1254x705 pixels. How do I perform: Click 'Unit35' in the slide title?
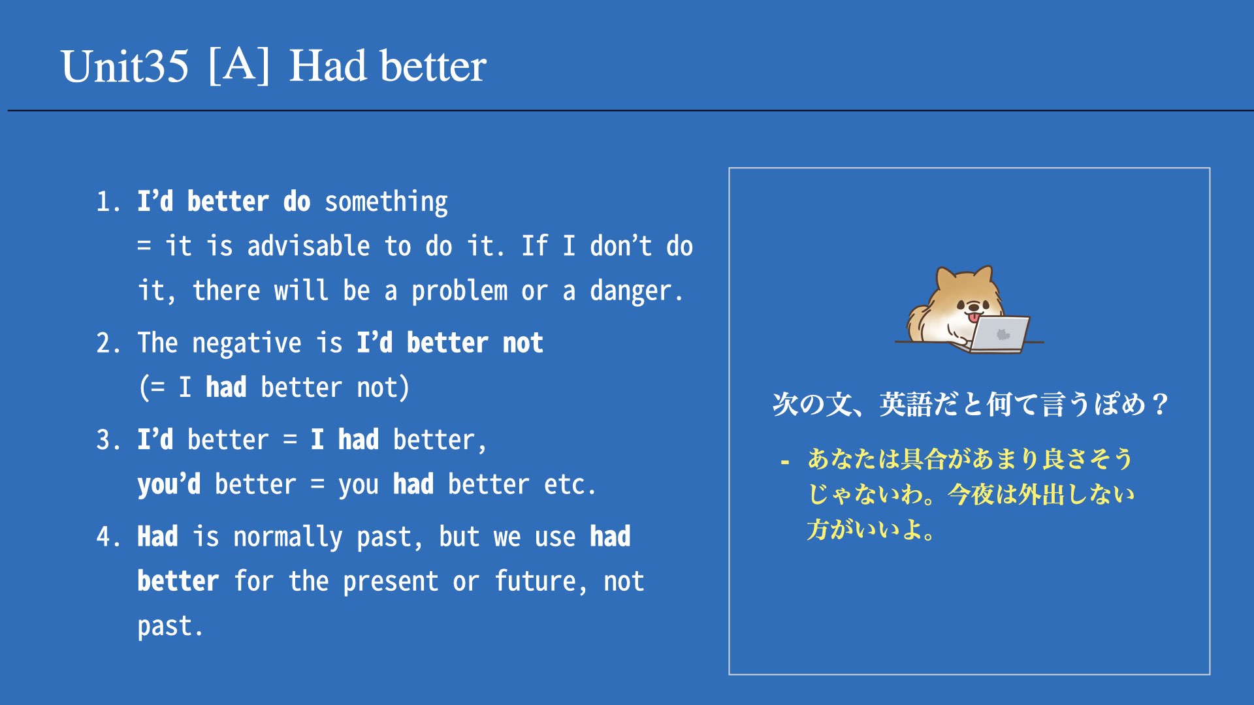tap(125, 66)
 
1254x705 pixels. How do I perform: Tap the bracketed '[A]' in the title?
tap(239, 65)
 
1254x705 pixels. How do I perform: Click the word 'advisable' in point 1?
tap(308, 246)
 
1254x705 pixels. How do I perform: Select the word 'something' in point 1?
tap(386, 202)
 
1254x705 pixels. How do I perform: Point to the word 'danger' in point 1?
tap(630, 291)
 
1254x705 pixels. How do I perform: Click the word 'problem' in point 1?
tap(459, 291)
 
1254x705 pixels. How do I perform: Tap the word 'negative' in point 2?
tap(247, 343)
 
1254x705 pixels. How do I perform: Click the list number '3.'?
tap(108, 440)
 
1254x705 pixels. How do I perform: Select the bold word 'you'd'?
tap(169, 485)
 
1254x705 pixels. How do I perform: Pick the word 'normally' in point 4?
tap(288, 537)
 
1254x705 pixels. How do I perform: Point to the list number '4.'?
tap(108, 537)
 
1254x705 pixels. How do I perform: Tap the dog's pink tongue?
tap(974, 317)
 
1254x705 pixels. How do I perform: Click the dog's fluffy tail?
tap(920, 322)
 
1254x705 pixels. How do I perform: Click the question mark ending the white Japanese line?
tap(1160, 405)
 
